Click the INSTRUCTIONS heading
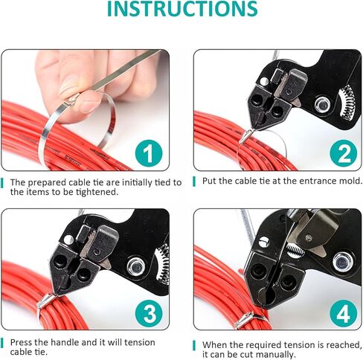coord(182,9)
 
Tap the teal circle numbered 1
coord(149,153)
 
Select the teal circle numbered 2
coord(344,153)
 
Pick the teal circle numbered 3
coord(150,313)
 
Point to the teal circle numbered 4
coord(344,313)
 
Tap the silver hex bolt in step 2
coord(322,105)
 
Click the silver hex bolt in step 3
coord(135,267)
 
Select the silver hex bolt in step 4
coord(343,262)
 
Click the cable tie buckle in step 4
coord(245,321)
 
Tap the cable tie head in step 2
coord(245,136)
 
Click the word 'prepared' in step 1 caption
coord(47,183)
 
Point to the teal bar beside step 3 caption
coord(2,343)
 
